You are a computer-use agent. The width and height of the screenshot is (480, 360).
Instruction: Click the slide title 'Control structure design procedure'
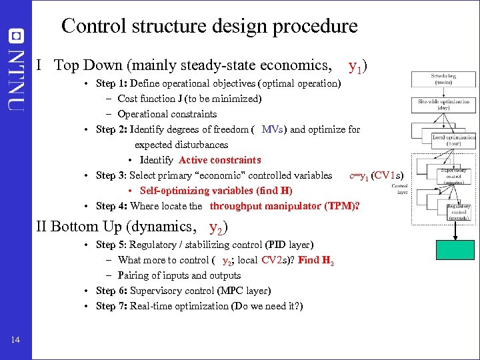tap(209, 26)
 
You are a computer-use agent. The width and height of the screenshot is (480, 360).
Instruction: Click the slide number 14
tap(15, 340)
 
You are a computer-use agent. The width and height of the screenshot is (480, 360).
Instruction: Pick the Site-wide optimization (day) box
tap(443, 105)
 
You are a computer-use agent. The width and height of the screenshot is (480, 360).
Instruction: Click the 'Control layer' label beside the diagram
tap(400, 188)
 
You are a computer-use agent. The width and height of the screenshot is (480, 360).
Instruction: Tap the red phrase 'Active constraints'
tap(219, 160)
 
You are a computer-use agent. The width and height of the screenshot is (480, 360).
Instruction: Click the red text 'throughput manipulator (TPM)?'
tap(285, 206)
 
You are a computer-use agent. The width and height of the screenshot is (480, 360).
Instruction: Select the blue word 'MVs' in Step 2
tap(273, 129)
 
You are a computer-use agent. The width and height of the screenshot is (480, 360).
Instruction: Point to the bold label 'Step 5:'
tap(112, 245)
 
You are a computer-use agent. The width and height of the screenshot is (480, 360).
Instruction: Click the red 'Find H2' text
tap(316, 261)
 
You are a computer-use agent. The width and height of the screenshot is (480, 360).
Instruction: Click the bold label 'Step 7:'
tap(112, 306)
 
